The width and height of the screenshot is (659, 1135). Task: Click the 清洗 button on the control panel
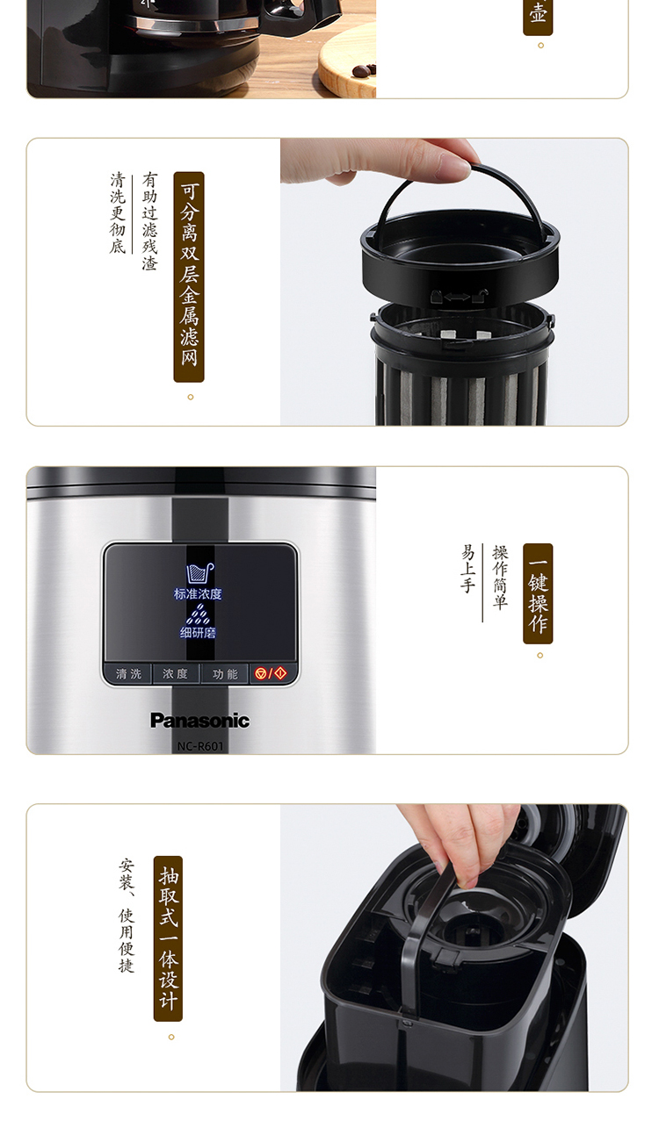click(x=127, y=674)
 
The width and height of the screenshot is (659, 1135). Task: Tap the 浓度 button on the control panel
click(x=176, y=674)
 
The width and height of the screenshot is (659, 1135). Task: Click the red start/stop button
click(x=272, y=673)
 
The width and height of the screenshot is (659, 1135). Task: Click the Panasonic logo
click(x=199, y=720)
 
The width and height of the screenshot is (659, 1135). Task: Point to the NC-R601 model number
click(x=199, y=746)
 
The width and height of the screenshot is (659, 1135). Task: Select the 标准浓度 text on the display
click(x=198, y=594)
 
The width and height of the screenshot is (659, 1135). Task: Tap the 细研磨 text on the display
click(x=198, y=632)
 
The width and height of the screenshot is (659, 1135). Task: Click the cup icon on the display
click(x=199, y=573)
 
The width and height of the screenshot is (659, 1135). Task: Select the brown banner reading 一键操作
click(x=538, y=593)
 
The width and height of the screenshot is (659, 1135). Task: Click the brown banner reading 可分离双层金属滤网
click(x=189, y=277)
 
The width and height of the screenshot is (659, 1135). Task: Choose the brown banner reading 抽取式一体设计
click(x=168, y=938)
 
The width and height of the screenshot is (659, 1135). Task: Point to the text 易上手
click(x=467, y=569)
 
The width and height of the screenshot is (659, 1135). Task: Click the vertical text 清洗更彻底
click(x=118, y=212)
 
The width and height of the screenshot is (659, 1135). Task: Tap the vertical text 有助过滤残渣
click(x=149, y=221)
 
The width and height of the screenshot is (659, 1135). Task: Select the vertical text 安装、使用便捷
click(x=127, y=915)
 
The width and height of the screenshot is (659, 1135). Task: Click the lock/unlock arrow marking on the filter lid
click(x=458, y=296)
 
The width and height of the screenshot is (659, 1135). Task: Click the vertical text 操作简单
click(x=500, y=577)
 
